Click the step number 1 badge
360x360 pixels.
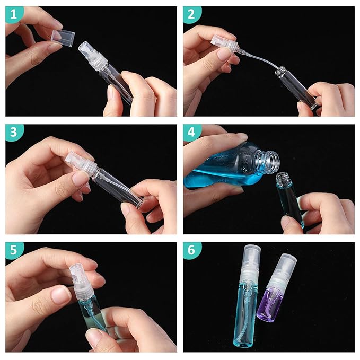tap(14, 14)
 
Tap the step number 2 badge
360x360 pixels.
tap(191, 14)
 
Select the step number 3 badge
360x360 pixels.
tap(14, 132)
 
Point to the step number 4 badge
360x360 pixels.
tap(191, 132)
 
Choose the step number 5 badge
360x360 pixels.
tap(14, 250)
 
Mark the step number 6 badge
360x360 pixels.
tap(191, 250)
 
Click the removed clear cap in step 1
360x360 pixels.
tap(63, 38)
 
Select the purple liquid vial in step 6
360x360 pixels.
tap(267, 305)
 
